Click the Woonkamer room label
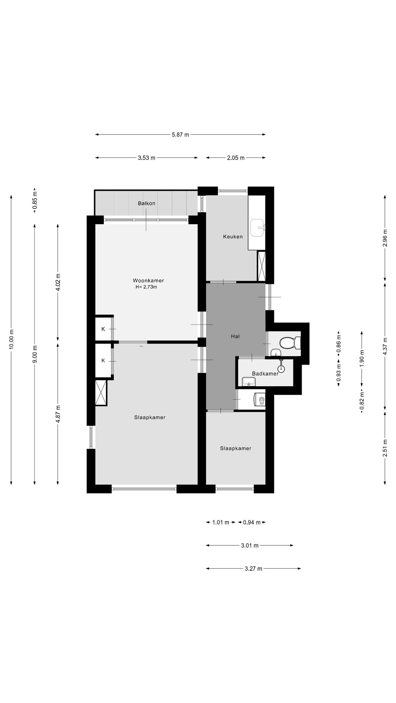(x=148, y=280)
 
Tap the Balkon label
(x=147, y=203)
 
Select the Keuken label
(x=233, y=236)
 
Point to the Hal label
(x=235, y=336)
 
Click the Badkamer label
(x=265, y=373)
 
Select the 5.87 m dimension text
(x=180, y=135)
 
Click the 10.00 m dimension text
(x=11, y=339)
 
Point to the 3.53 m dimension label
(x=147, y=158)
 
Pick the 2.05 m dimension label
(x=236, y=158)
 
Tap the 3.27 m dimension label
(x=254, y=568)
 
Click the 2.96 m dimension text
(x=385, y=238)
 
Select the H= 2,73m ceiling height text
(x=146, y=287)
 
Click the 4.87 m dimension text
(x=58, y=414)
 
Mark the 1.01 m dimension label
(x=221, y=522)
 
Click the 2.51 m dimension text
(x=385, y=448)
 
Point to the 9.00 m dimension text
(x=35, y=354)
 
